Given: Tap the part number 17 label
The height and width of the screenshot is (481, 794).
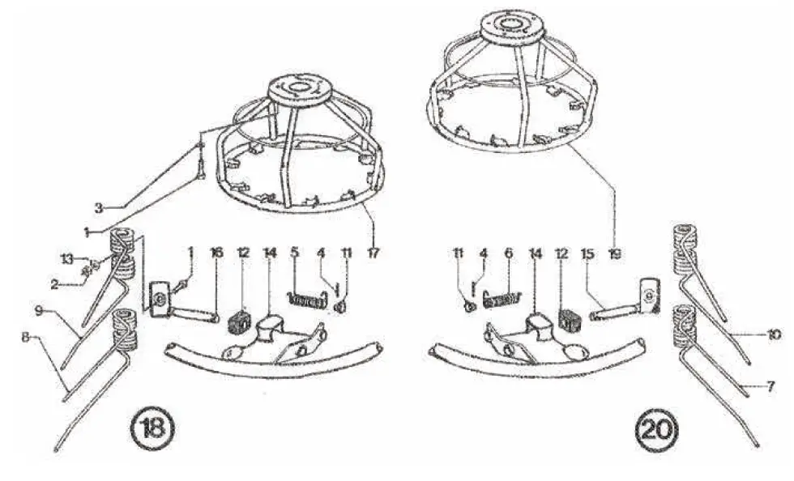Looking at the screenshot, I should [x=373, y=253].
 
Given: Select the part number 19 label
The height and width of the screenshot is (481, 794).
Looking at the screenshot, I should [x=614, y=253].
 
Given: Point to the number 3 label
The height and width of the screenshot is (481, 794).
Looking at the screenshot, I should [x=99, y=207].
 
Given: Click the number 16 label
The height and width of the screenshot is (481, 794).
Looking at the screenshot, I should [x=216, y=253].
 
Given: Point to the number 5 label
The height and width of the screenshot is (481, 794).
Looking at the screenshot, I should [x=295, y=253].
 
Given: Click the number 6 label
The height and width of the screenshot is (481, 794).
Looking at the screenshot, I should [x=508, y=253].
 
